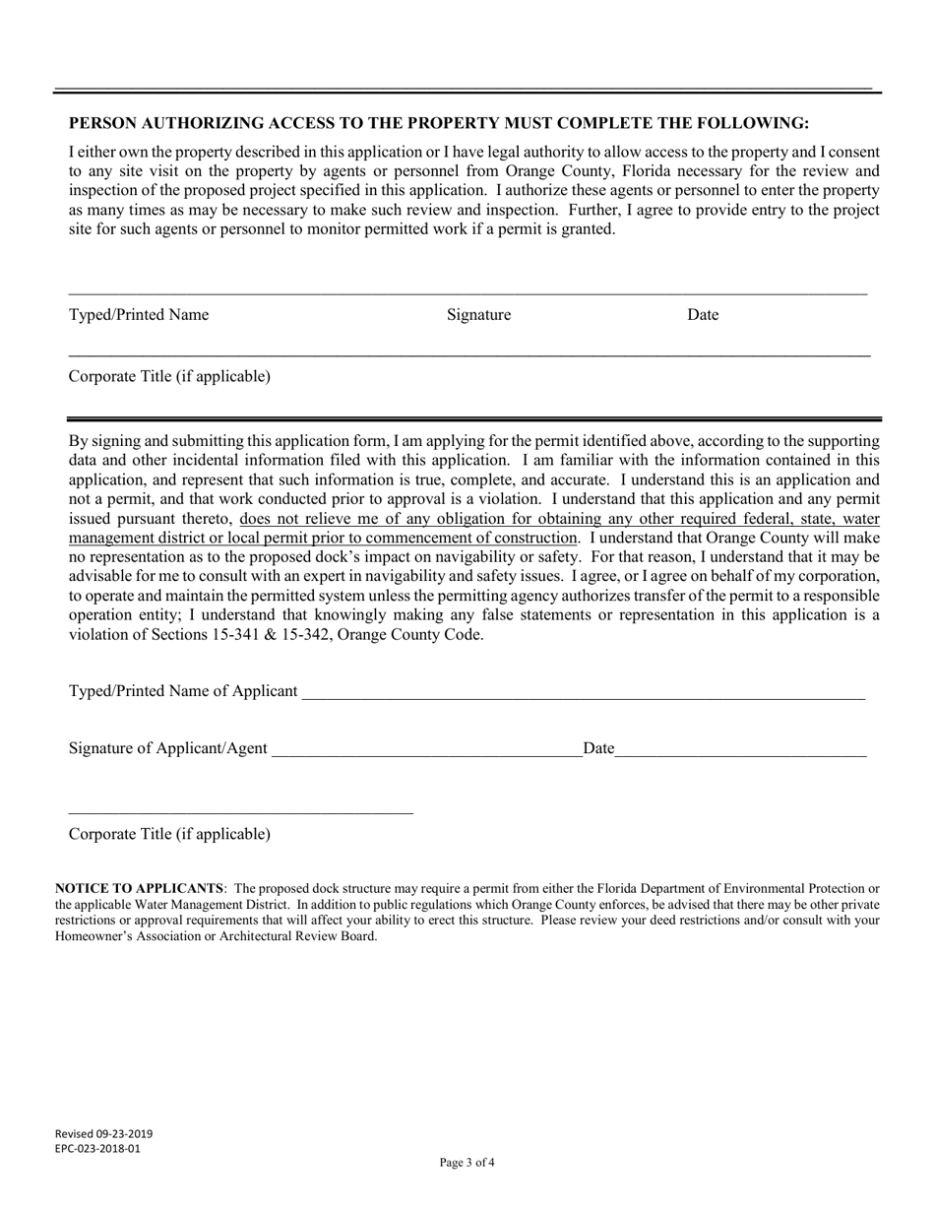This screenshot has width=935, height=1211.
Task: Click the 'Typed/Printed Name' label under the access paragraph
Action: (139, 315)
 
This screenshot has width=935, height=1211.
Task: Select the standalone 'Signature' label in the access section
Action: (478, 315)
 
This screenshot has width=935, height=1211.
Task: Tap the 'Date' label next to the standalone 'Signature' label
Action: (703, 315)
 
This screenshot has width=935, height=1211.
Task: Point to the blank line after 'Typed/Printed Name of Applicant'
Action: (583, 693)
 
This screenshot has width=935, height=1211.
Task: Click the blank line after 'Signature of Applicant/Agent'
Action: (425, 750)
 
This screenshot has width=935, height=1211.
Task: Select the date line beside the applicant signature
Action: (740, 750)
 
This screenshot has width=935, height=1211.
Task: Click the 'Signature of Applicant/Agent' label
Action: (167, 748)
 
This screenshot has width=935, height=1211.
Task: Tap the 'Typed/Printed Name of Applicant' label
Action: (183, 691)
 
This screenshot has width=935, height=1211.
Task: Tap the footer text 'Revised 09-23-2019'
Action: (103, 1133)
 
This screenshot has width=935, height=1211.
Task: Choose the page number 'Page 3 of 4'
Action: (467, 1163)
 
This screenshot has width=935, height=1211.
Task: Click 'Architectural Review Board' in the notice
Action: (295, 936)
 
